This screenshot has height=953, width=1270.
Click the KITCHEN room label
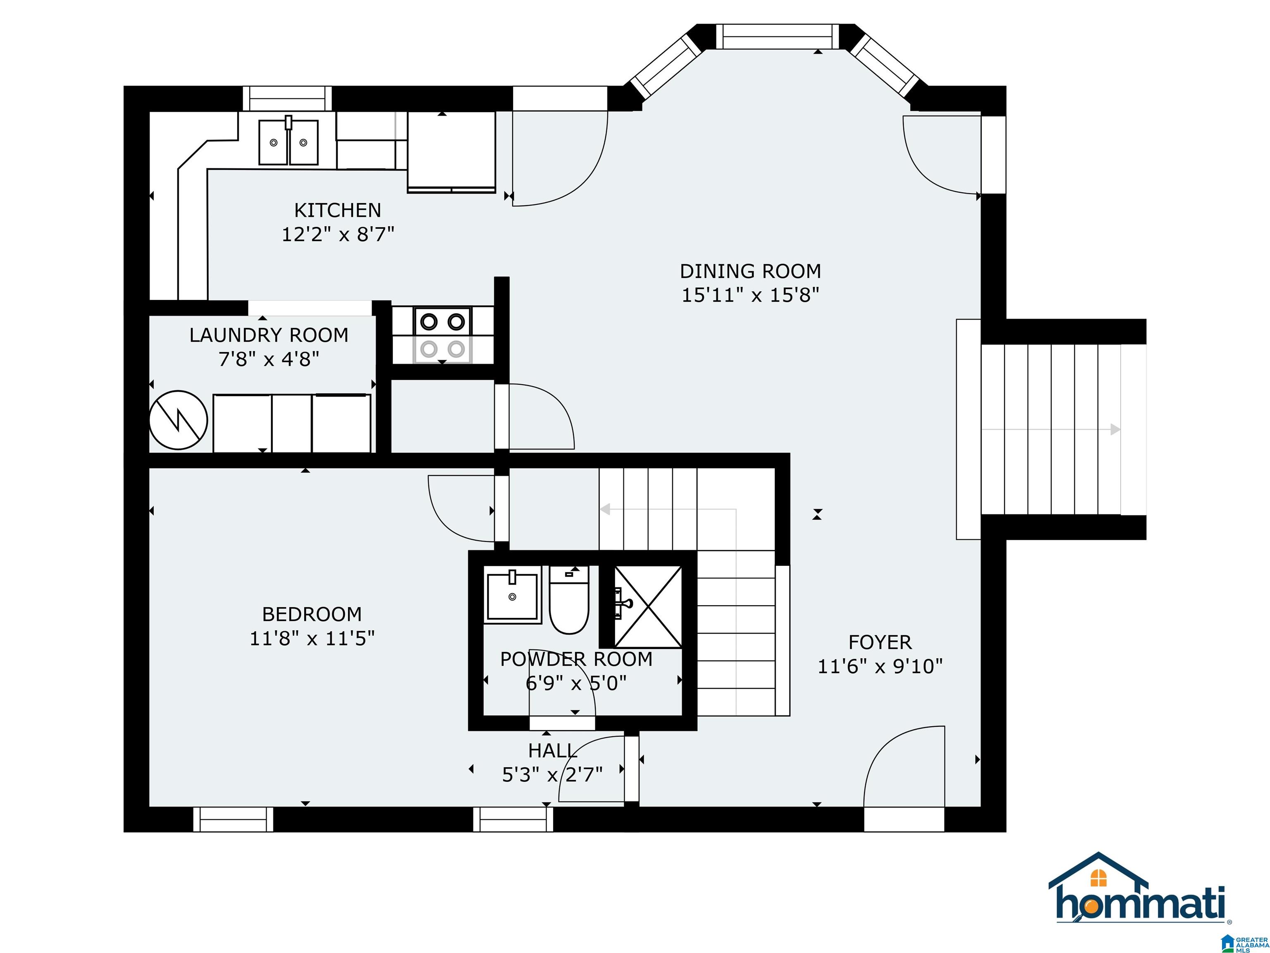338,210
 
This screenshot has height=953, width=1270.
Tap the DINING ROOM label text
750,271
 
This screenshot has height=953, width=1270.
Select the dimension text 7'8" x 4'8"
269,359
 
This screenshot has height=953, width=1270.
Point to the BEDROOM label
312,614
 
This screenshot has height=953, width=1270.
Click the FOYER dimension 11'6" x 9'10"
880,666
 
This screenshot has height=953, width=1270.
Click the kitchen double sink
288,142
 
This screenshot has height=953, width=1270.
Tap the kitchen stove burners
442,335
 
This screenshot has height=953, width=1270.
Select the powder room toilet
569,600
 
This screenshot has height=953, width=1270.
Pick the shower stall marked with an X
648,607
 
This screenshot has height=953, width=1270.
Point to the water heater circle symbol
179,420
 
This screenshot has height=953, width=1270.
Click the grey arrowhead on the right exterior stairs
1115,429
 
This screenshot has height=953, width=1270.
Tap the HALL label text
553,751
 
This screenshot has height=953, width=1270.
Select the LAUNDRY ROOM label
269,335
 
